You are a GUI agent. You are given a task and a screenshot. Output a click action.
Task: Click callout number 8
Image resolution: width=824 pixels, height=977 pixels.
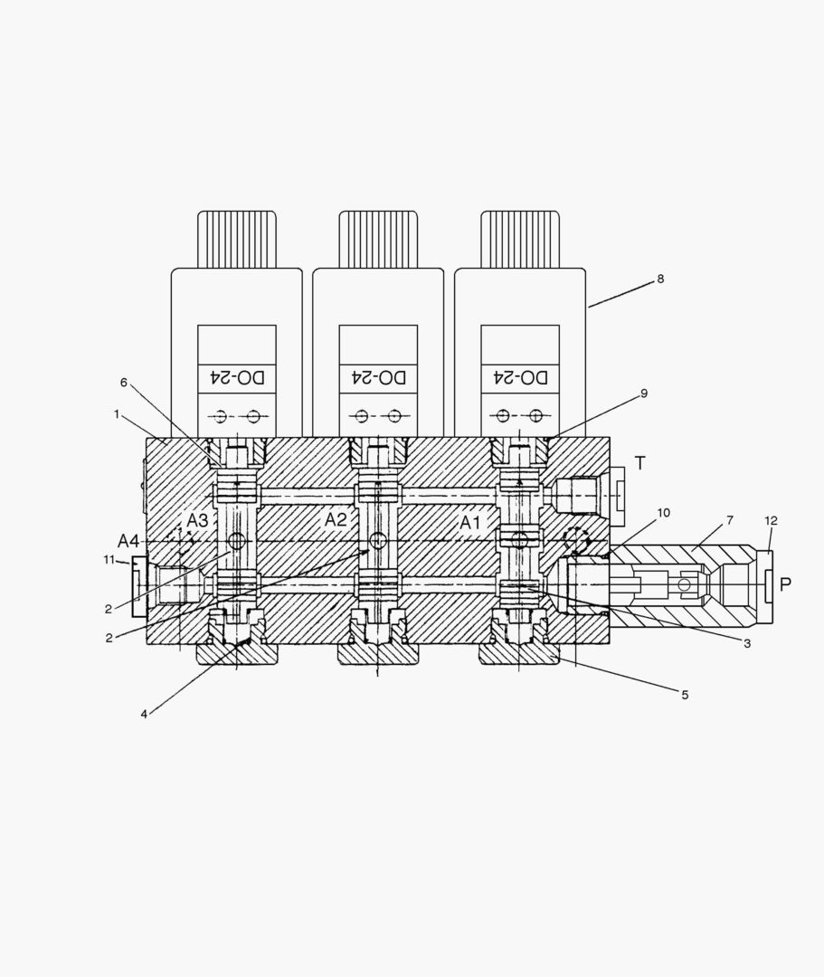(660, 279)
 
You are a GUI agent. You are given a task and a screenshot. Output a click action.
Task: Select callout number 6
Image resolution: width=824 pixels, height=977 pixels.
(124, 382)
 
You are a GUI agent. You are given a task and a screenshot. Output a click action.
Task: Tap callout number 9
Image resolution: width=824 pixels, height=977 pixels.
(643, 394)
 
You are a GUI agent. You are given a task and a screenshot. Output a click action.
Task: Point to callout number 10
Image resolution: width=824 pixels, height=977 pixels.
(663, 513)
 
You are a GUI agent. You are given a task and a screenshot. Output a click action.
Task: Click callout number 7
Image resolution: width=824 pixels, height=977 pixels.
(729, 520)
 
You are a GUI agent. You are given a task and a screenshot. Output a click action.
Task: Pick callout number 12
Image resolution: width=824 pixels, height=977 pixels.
(771, 520)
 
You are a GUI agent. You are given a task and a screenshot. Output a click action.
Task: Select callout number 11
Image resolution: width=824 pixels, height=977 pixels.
(109, 560)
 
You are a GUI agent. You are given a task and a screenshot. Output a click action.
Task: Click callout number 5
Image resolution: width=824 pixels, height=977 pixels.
(685, 695)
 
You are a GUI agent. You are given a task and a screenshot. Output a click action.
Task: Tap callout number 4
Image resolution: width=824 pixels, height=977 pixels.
(144, 714)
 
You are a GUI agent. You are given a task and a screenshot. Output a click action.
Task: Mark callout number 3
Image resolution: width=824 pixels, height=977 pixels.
(747, 643)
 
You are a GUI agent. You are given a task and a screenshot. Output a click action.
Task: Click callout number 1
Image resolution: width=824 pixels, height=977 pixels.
(117, 413)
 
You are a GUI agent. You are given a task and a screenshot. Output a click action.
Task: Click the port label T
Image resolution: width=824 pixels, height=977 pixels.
(639, 463)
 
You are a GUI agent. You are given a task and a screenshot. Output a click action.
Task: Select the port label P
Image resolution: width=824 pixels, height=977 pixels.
(785, 584)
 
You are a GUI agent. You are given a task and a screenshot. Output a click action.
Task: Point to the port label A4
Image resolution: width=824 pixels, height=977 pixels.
(128, 541)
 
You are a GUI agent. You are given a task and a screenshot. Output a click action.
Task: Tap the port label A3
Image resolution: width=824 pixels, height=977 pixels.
(197, 520)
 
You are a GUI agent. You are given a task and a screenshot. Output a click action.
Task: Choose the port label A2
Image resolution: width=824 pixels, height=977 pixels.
(336, 519)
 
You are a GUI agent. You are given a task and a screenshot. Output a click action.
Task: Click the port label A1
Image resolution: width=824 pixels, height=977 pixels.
(470, 522)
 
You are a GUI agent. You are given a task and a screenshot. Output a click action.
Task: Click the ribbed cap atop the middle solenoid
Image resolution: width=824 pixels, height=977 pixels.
(378, 239)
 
